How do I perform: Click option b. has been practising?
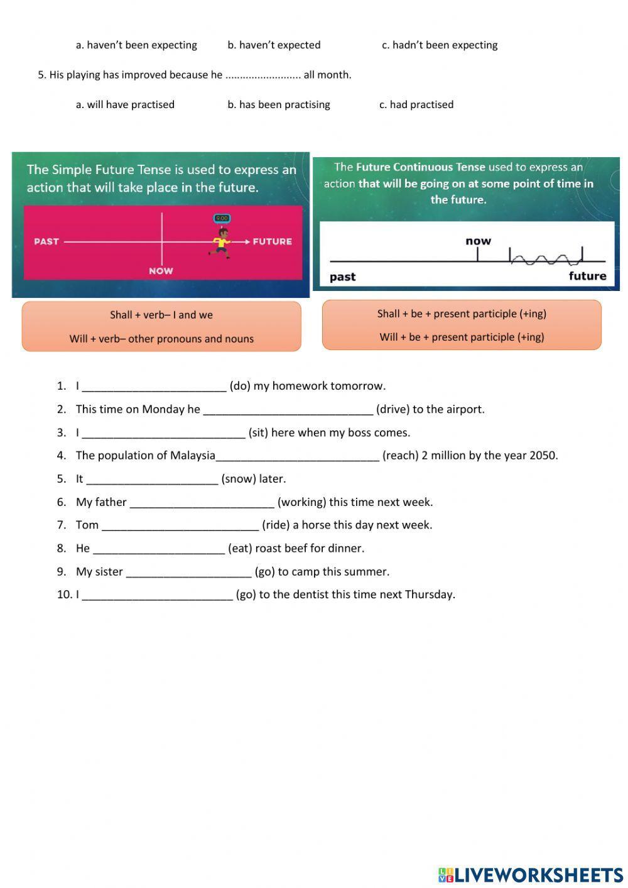tap(278, 105)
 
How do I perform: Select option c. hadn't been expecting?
tap(440, 45)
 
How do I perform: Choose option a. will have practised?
tap(125, 105)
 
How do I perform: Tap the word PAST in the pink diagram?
tap(46, 241)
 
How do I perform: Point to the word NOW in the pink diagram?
tap(161, 271)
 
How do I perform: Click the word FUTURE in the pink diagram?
tap(272, 241)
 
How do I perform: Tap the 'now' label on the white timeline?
tap(478, 241)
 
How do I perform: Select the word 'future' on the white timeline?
tap(587, 276)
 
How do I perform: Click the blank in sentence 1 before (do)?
tap(154, 386)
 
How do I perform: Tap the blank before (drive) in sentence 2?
tap(288, 410)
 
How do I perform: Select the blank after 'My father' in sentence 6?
tap(202, 502)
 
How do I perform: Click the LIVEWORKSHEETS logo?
tap(531, 874)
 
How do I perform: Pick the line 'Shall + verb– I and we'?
tap(161, 315)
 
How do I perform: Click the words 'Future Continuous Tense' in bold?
tap(420, 167)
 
